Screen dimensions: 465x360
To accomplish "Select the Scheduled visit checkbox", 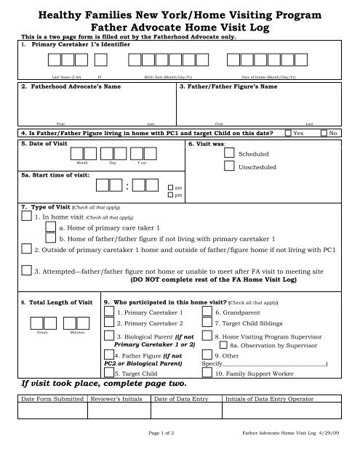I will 229,155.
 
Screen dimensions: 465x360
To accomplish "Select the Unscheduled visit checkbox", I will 229,168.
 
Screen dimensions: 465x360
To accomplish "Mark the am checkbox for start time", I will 171,187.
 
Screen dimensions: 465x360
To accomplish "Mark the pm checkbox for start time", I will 171,195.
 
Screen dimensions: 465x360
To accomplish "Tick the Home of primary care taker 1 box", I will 50,227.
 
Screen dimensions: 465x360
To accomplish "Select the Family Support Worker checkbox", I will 208,373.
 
